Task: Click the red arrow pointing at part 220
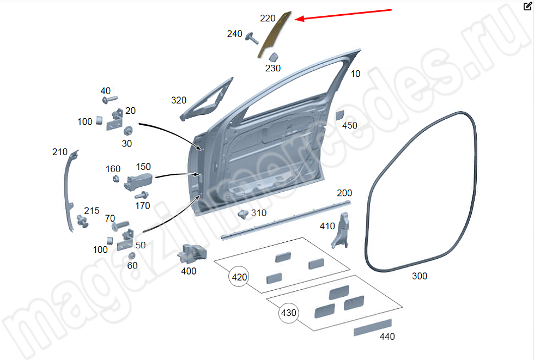(x=343, y=15)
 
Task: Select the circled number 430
(x=289, y=313)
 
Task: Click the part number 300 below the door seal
(x=419, y=276)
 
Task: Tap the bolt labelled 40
(x=107, y=100)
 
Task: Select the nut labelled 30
(x=129, y=131)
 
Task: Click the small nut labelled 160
(x=116, y=179)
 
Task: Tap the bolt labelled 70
(x=119, y=224)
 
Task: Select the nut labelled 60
(x=131, y=255)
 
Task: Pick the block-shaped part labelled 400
(x=193, y=253)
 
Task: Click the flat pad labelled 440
(x=372, y=327)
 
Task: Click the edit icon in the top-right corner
(x=527, y=7)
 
